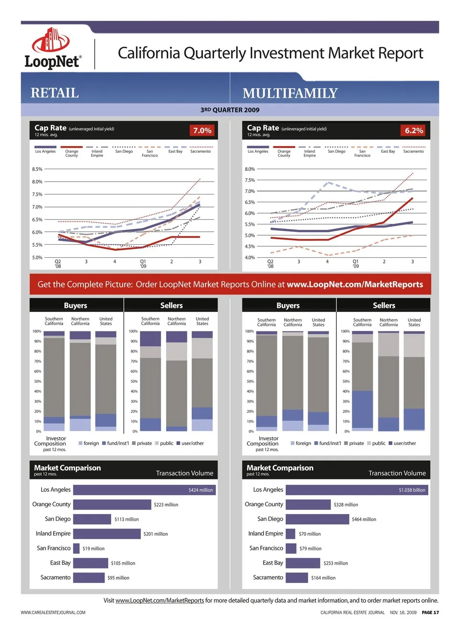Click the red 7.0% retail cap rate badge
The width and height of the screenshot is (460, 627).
(202, 130)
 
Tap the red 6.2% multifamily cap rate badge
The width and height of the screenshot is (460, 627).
(414, 130)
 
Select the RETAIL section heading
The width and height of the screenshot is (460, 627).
(55, 93)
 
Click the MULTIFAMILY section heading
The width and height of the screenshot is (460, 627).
(290, 93)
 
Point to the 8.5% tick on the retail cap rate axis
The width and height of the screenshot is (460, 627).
(37, 169)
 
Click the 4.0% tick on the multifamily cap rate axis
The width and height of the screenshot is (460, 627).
(250, 257)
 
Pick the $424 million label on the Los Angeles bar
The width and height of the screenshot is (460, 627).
(201, 490)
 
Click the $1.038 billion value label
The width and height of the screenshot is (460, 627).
(412, 490)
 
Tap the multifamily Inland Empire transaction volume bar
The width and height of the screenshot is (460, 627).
(290, 534)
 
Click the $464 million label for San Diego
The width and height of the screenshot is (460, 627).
(364, 519)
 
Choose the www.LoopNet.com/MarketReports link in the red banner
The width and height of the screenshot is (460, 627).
(355, 285)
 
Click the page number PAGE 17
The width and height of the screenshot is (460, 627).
(430, 613)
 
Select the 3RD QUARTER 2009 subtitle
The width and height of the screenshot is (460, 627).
(230, 110)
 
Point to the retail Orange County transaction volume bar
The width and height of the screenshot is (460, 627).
(112, 504)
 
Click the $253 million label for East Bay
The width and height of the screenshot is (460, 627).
(335, 563)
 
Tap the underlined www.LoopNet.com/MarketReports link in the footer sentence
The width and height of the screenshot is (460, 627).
(160, 601)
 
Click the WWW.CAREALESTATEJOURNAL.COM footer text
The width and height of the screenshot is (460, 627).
(53, 613)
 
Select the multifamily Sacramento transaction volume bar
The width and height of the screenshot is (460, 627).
(297, 578)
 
